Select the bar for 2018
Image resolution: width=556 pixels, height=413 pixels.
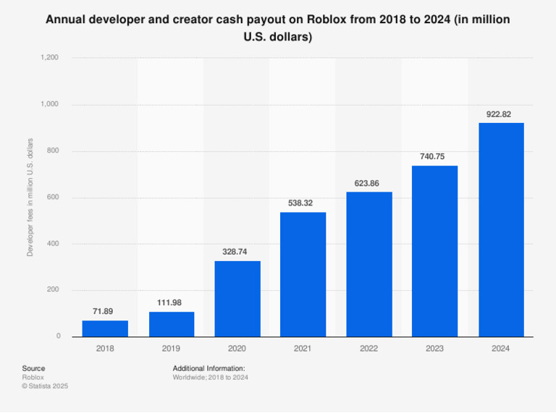[105, 328]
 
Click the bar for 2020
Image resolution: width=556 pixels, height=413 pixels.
[237, 298]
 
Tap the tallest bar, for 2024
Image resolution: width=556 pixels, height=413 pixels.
[501, 229]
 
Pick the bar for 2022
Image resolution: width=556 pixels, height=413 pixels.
[369, 264]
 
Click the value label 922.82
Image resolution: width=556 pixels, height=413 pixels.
[501, 114]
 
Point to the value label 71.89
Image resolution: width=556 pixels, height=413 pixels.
[105, 311]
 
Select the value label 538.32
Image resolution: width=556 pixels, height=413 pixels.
[303, 203]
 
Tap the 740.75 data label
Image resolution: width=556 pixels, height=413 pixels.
[435, 156]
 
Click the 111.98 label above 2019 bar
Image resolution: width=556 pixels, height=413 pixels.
[171, 302]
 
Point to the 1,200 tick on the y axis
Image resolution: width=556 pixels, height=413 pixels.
[50, 58]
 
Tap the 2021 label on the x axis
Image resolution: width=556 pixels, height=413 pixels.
[303, 349]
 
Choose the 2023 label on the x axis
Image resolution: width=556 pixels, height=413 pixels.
[435, 349]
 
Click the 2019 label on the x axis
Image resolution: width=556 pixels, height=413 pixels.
[171, 349]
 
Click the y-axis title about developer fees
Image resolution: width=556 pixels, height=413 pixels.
[30, 197]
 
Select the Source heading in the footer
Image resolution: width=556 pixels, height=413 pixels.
[33, 368]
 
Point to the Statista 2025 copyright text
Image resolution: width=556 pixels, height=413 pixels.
[45, 386]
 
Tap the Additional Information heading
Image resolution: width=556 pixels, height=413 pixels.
[208, 368]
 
